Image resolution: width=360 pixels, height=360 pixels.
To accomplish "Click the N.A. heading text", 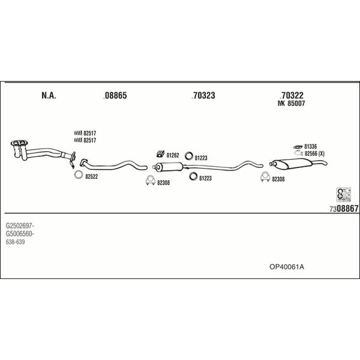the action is point(49,95).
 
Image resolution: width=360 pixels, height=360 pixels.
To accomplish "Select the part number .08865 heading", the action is point(115,95).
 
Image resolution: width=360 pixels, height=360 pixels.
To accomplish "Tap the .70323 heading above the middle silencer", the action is point(203,95).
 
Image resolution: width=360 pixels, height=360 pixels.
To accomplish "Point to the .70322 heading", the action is point(292,95).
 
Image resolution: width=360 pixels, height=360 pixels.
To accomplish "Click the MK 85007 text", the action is point(291,104).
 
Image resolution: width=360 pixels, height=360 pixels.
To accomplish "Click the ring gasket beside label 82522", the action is point(79,175).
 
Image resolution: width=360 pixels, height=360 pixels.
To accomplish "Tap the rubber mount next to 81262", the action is point(160,154).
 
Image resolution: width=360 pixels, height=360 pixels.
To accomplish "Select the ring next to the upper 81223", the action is point(189,156).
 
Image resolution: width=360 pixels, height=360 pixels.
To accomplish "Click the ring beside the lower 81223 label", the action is point(193,176).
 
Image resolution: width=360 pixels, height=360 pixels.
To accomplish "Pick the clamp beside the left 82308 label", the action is point(150,180).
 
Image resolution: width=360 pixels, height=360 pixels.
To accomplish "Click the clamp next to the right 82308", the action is point(265,176).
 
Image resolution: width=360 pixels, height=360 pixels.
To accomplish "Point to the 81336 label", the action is point(310,146).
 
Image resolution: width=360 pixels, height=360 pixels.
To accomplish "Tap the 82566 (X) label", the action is point(314,154).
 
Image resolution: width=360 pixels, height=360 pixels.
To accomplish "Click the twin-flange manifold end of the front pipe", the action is point(19,143).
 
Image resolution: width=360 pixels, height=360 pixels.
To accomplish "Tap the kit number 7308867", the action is point(344,208).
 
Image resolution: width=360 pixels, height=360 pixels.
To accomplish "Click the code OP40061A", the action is point(287,267).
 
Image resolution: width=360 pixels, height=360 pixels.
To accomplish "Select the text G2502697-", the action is point(20,226).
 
